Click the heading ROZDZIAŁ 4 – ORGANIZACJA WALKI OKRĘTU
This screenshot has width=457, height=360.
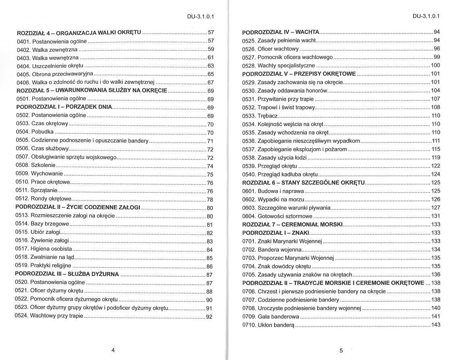coord(79,32)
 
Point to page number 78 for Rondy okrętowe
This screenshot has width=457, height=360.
coord(210,200)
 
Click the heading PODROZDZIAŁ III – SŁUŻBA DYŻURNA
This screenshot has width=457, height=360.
coord(67,274)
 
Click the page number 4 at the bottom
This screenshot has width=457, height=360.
coord(113,350)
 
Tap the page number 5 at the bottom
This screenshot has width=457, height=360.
coord(341,350)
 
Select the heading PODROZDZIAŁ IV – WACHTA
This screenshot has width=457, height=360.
coord(281,31)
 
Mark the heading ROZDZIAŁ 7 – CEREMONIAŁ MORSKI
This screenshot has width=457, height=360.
coord(292,224)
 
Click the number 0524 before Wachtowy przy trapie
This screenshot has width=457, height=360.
coord(22,316)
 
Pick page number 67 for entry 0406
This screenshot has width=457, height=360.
coord(210,82)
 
